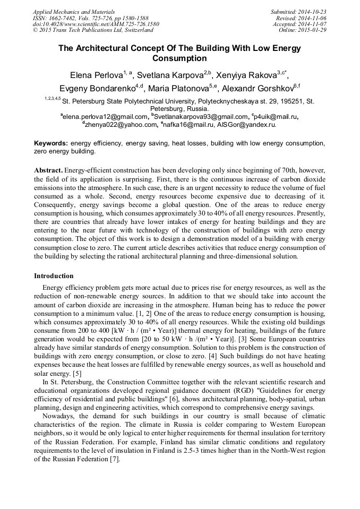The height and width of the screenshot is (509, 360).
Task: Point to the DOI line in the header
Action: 96,24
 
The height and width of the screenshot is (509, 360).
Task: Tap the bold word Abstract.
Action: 49,170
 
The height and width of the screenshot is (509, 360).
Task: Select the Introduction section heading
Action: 54,276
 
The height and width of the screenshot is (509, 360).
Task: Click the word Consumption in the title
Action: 179,58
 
